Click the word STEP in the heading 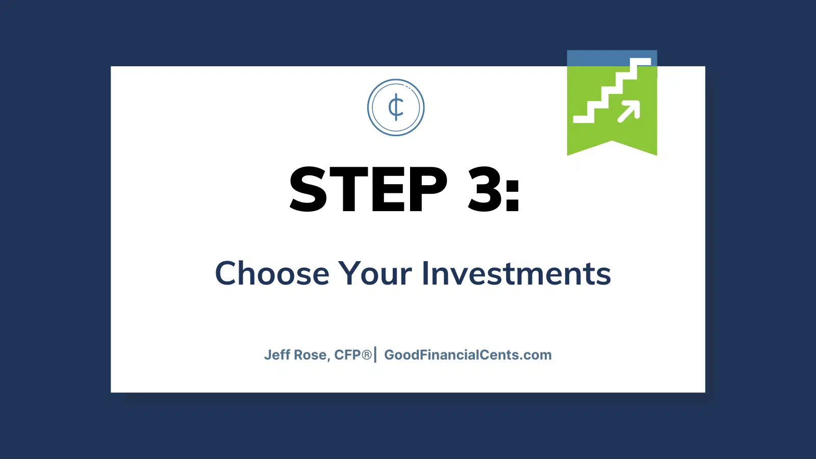368,189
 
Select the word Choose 272,273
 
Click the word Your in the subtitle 375,273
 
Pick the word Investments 516,273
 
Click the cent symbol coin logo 396,108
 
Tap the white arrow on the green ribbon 629,111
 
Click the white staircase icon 612,90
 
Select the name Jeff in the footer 277,355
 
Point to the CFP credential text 348,355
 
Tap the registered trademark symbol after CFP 367,354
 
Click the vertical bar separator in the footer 375,355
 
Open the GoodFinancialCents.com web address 468,355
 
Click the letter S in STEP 308,189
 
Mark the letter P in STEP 428,189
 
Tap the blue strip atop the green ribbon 612,58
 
